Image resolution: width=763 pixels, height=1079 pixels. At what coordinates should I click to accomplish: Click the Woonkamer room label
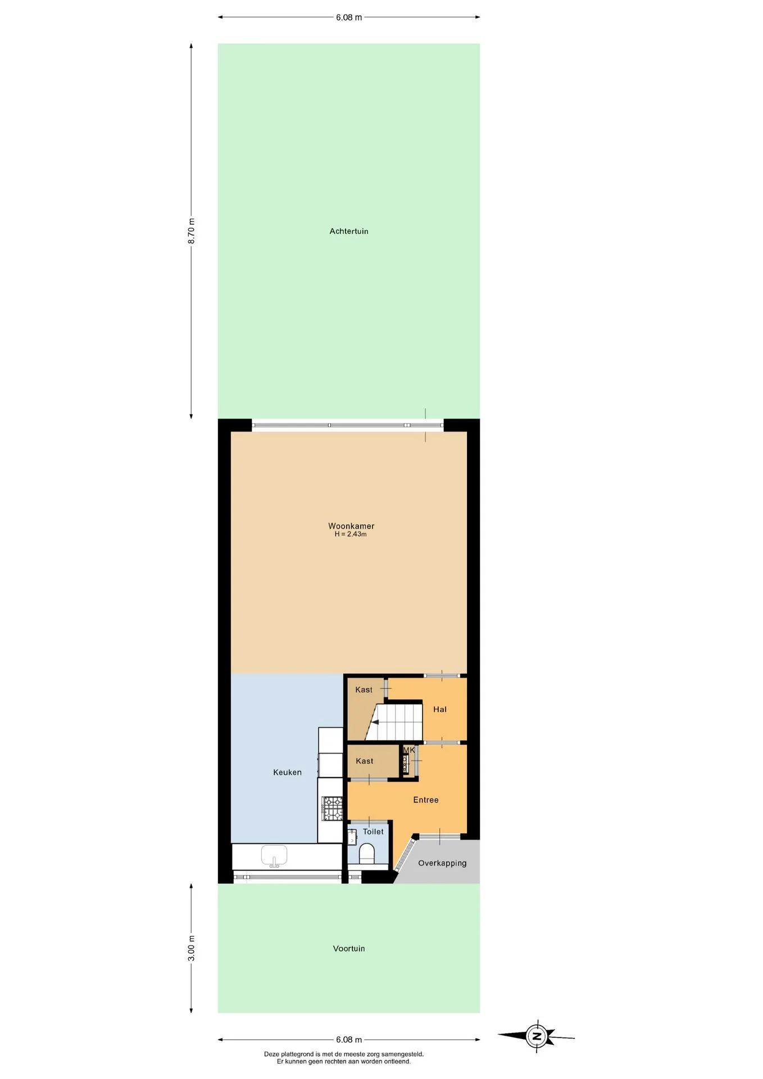351,526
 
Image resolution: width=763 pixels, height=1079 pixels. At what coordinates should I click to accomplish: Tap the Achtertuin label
349,231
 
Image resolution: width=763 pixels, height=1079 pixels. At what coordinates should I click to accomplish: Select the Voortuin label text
349,949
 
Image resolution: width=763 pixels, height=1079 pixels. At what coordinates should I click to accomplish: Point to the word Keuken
287,772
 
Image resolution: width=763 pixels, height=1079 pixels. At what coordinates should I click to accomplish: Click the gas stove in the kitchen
331,809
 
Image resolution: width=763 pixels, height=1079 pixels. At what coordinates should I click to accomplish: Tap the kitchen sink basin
274,856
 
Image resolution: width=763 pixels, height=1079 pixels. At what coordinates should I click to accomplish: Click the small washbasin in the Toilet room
352,837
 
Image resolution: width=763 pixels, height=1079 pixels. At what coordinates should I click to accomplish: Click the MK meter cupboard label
409,750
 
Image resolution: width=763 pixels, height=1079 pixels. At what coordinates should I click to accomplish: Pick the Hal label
440,709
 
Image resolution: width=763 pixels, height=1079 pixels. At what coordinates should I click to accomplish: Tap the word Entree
426,800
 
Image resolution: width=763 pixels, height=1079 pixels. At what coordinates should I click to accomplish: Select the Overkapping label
442,863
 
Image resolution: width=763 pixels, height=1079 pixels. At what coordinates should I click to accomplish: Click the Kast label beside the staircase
364,690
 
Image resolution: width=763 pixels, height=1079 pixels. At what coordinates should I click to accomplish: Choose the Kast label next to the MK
365,761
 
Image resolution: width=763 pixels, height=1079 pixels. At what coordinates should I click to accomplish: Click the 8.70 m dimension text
192,230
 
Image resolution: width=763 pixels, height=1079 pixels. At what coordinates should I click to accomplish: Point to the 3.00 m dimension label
192,948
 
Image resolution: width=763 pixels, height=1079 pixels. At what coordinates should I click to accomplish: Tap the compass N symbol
537,1036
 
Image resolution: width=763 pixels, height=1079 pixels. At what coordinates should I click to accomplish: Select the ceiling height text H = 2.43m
351,534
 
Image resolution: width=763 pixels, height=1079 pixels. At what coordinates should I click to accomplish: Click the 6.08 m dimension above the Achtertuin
349,17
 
